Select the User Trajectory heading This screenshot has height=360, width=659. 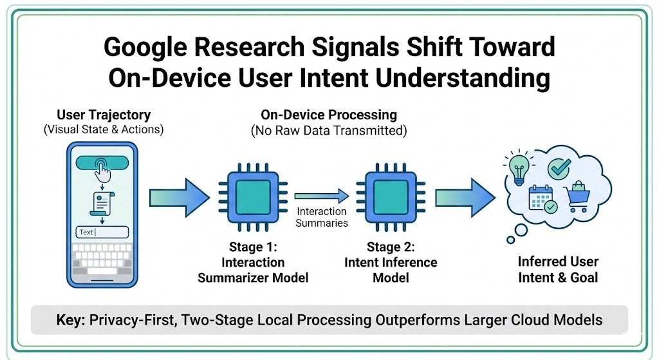pyautogui.click(x=104, y=115)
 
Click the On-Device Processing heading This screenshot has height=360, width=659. pyautogui.click(x=328, y=115)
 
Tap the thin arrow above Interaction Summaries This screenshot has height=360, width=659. pyautogui.click(x=322, y=194)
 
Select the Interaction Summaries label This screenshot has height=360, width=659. pyautogui.click(x=322, y=218)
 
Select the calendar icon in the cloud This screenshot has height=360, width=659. pyautogui.click(x=541, y=200)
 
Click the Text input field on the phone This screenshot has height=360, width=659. pyautogui.click(x=103, y=232)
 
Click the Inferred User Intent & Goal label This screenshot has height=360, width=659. pyautogui.click(x=558, y=270)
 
